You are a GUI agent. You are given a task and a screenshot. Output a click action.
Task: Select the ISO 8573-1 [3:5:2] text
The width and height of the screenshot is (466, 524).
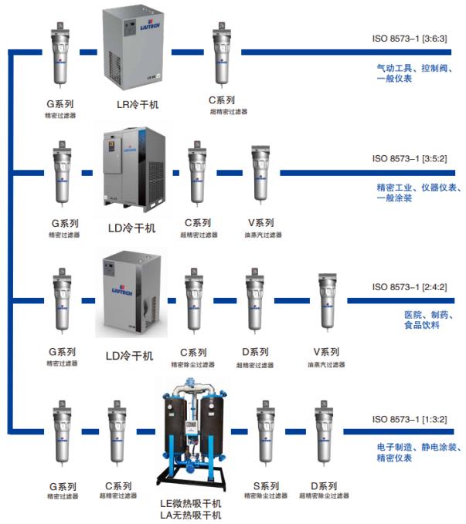pos(406,158)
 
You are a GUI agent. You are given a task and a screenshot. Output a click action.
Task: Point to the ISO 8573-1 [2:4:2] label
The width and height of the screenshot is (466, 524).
pos(406,287)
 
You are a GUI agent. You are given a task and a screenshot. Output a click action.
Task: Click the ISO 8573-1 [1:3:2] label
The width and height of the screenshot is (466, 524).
pos(406,419)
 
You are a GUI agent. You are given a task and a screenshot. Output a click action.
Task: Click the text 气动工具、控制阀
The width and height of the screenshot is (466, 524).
pos(410,67)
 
